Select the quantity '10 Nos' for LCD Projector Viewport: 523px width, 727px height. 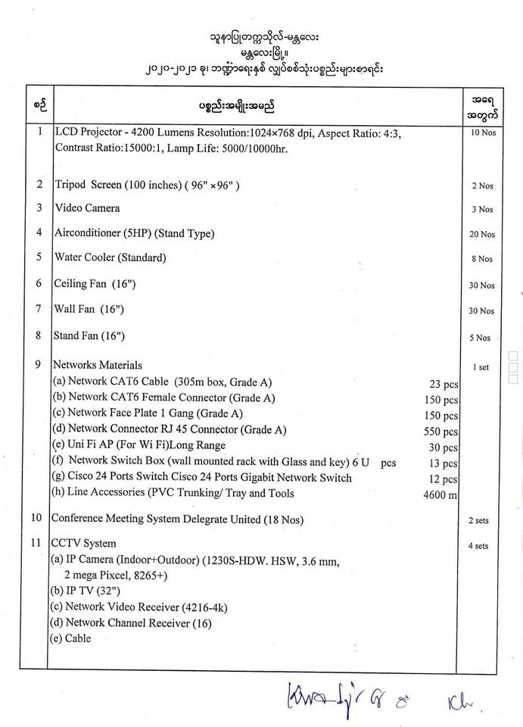[481, 133]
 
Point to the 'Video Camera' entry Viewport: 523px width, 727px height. [86, 207]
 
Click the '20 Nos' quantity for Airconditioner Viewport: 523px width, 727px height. [481, 235]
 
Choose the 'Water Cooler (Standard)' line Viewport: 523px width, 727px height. [110, 257]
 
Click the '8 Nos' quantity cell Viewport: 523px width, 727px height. [481, 259]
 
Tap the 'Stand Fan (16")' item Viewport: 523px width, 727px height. [89, 335]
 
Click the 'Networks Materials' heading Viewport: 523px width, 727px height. [98, 365]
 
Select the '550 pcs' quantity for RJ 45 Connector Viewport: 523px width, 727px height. [441, 432]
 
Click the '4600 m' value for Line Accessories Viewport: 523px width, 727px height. [441, 495]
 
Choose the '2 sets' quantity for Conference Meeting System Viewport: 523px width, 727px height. [478, 521]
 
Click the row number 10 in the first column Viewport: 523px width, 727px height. [36, 518]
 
